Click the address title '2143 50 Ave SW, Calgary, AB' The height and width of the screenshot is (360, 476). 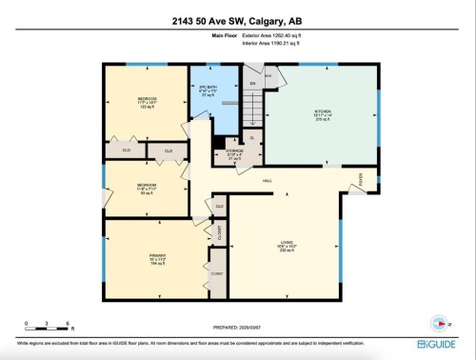(237, 22)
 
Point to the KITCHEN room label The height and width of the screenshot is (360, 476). (324, 111)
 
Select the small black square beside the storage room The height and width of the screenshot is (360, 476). (220, 143)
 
